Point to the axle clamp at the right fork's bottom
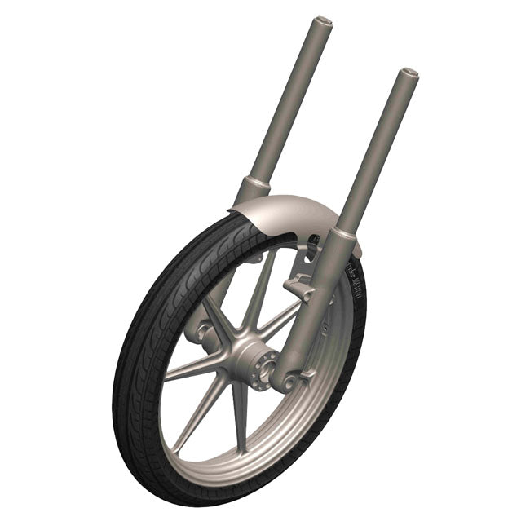tap(287, 380)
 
